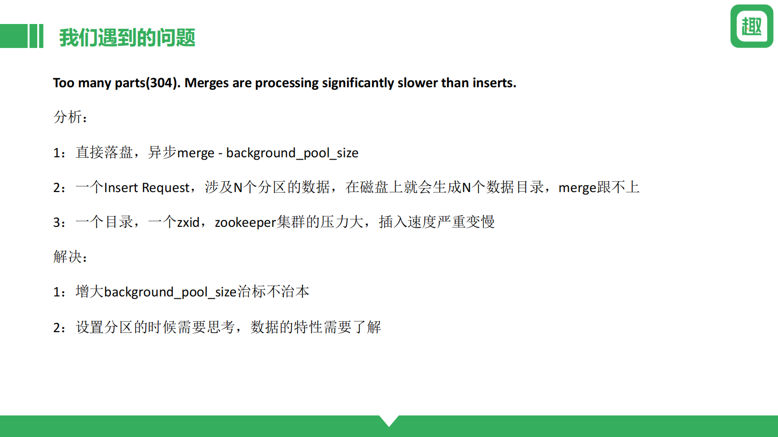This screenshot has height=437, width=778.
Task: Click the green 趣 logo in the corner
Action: [x=752, y=26]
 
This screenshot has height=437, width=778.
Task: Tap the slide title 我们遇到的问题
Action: [x=127, y=38]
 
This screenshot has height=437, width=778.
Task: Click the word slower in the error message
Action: [x=418, y=83]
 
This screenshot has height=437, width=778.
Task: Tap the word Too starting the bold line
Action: [x=64, y=83]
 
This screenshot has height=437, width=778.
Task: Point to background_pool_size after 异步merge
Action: [x=292, y=153]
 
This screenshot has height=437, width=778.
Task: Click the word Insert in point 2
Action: [x=121, y=188]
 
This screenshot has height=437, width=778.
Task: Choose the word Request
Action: [x=166, y=188]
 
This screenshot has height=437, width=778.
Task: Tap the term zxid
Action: [x=188, y=222]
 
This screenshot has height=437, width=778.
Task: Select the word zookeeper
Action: [x=245, y=222]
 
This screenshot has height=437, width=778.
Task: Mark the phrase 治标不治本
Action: [x=273, y=291]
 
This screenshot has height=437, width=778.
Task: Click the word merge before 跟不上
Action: [x=577, y=188]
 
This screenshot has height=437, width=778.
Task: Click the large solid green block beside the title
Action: [x=14, y=36]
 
